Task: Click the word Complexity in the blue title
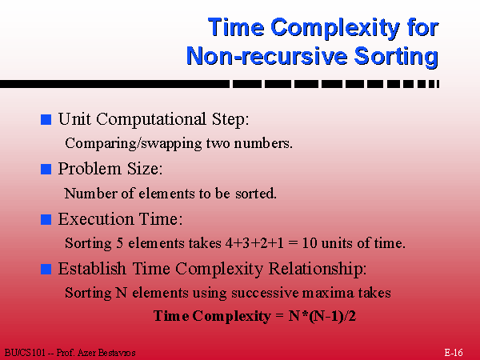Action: click(335, 28)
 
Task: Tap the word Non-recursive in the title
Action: click(267, 56)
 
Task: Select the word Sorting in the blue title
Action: click(397, 58)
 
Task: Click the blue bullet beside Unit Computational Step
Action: click(46, 119)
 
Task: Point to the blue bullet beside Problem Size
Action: click(46, 169)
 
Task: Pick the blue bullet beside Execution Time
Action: click(46, 219)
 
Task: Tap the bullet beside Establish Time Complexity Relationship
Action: click(46, 269)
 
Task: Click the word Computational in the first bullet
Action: click(151, 120)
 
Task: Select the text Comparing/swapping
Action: click(134, 143)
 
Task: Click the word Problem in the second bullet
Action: click(90, 169)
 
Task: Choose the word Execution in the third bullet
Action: click(96, 219)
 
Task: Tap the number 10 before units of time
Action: click(310, 243)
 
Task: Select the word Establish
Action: click(92, 269)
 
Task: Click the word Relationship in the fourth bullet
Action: click(318, 270)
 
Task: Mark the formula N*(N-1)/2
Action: click(322, 316)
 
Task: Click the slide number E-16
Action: click(454, 353)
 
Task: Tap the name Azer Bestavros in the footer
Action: click(106, 353)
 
